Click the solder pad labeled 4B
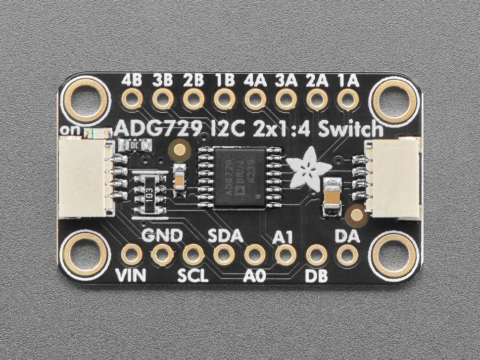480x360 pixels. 132,99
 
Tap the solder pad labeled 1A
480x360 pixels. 347,99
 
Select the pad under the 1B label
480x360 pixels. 224,99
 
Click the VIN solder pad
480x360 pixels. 132,255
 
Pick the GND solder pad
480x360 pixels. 162,255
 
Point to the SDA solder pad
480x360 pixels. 224,255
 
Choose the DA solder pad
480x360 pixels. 347,255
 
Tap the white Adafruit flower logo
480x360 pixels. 303,169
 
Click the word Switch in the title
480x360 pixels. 351,130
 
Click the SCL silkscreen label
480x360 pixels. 193,275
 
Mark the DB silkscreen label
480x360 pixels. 317,275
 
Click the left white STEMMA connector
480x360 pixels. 82,178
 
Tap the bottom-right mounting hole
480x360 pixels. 394,255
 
